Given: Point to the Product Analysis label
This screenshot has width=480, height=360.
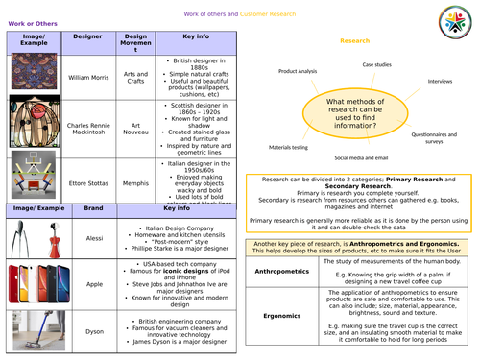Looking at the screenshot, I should [x=300, y=72].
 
